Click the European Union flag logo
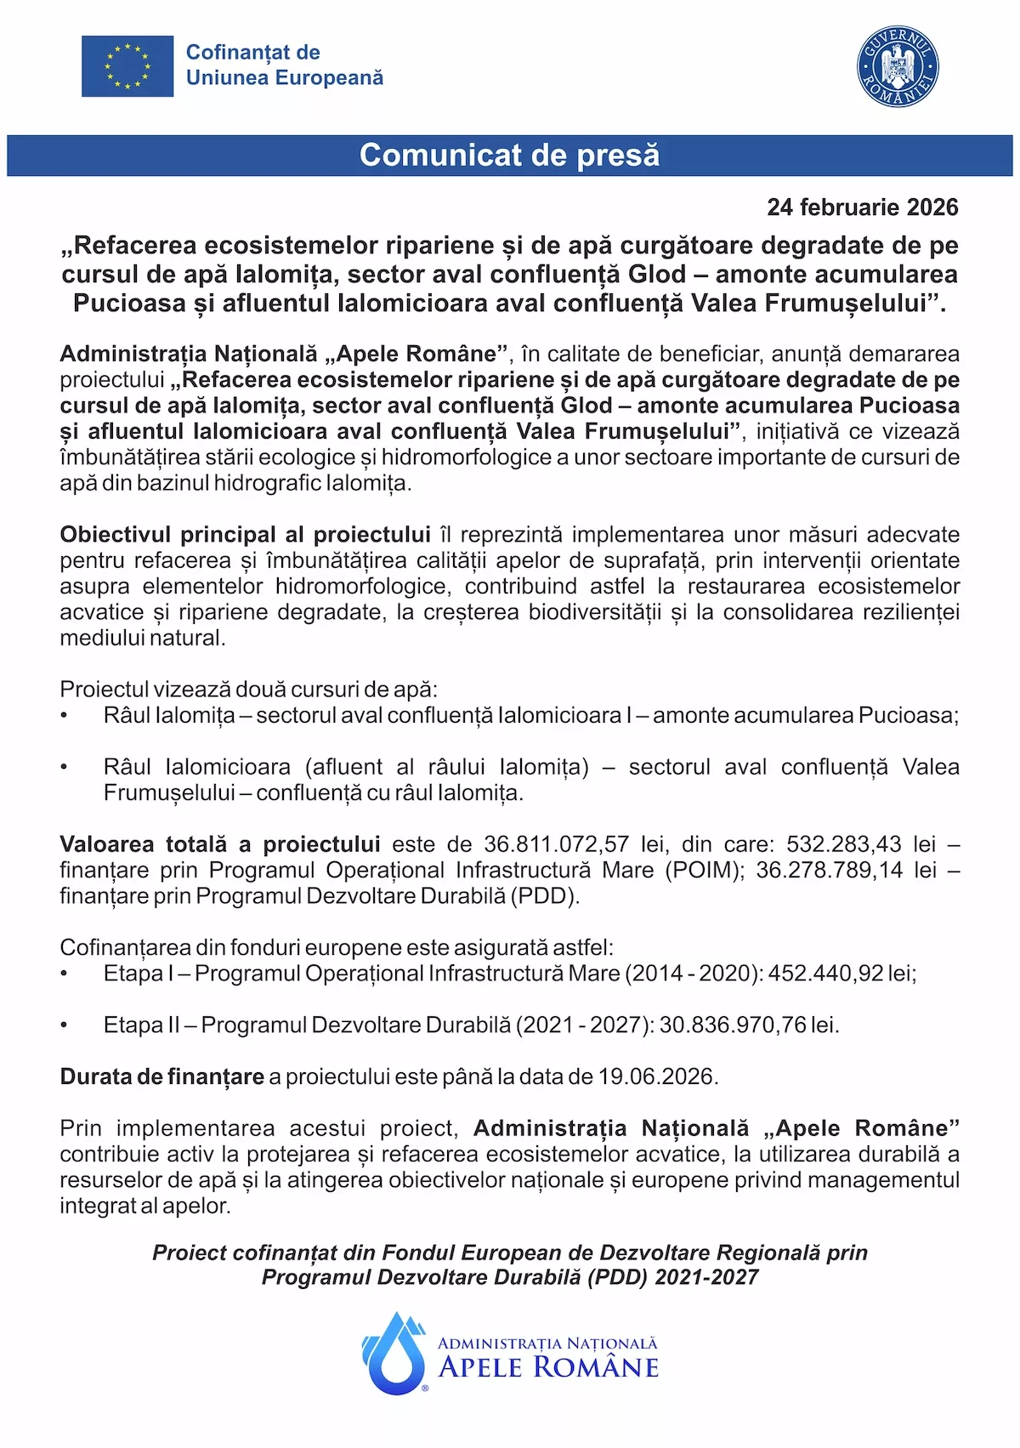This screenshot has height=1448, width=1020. (x=127, y=66)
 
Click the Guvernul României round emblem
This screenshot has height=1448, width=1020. (x=898, y=66)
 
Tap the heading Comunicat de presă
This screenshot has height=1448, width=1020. (x=509, y=156)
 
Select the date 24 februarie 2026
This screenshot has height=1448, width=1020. (x=862, y=207)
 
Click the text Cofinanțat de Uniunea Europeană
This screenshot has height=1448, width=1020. (x=284, y=65)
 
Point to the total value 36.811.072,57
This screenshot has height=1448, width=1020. (x=556, y=844)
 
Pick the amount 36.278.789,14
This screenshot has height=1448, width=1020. (x=829, y=870)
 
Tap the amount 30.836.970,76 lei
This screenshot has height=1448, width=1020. (x=748, y=1025)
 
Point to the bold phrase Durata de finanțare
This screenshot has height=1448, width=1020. (x=161, y=1077)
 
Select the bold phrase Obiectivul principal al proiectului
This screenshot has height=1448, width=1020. (x=245, y=535)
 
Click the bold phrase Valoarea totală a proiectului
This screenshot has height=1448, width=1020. (x=219, y=844)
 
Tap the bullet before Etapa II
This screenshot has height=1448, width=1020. (x=65, y=1026)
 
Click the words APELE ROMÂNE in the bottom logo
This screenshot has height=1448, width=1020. (x=548, y=1368)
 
